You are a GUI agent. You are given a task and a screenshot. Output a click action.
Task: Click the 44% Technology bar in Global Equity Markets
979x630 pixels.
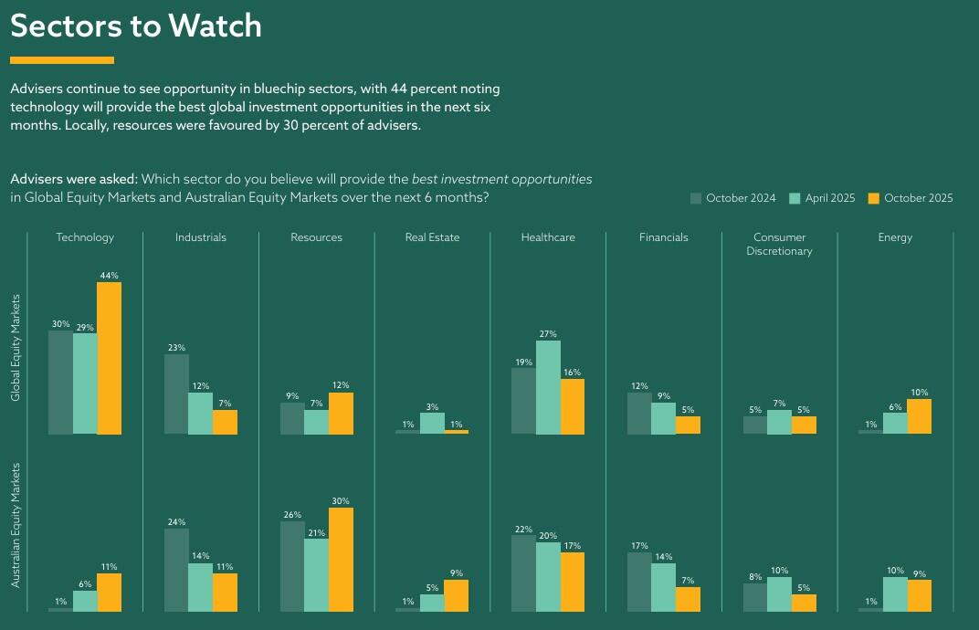click(x=109, y=358)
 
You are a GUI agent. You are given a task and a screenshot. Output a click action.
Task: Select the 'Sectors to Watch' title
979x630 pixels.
click(x=136, y=26)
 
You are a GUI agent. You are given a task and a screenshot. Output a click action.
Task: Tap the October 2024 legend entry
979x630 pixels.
click(x=732, y=198)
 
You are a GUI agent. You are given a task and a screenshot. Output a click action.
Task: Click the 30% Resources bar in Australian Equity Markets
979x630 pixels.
click(x=341, y=559)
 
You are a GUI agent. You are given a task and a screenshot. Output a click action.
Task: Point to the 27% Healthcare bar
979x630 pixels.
click(x=548, y=387)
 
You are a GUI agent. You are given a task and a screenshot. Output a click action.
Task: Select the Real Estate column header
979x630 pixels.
click(x=432, y=237)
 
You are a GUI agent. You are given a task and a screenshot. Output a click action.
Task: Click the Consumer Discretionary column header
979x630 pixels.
click(x=779, y=244)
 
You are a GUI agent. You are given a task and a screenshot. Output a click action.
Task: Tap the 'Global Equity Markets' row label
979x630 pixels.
click(x=16, y=347)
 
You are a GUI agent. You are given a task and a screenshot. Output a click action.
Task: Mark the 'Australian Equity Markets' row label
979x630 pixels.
click(x=16, y=525)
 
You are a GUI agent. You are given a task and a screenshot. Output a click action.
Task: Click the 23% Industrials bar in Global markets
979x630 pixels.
click(x=176, y=394)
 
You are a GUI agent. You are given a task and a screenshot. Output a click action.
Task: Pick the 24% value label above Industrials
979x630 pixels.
click(x=176, y=522)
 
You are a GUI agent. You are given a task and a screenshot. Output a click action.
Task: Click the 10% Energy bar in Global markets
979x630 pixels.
click(x=895, y=416)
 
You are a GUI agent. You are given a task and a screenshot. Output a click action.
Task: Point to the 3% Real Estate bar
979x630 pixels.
click(x=432, y=423)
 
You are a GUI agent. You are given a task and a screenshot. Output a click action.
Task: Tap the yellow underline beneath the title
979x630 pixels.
click(x=62, y=60)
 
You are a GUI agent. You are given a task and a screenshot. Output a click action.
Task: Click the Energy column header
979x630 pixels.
click(x=895, y=237)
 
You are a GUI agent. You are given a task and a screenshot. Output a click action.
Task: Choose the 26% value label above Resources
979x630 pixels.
click(x=292, y=515)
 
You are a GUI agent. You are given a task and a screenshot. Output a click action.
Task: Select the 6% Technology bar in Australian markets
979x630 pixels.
click(x=85, y=601)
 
